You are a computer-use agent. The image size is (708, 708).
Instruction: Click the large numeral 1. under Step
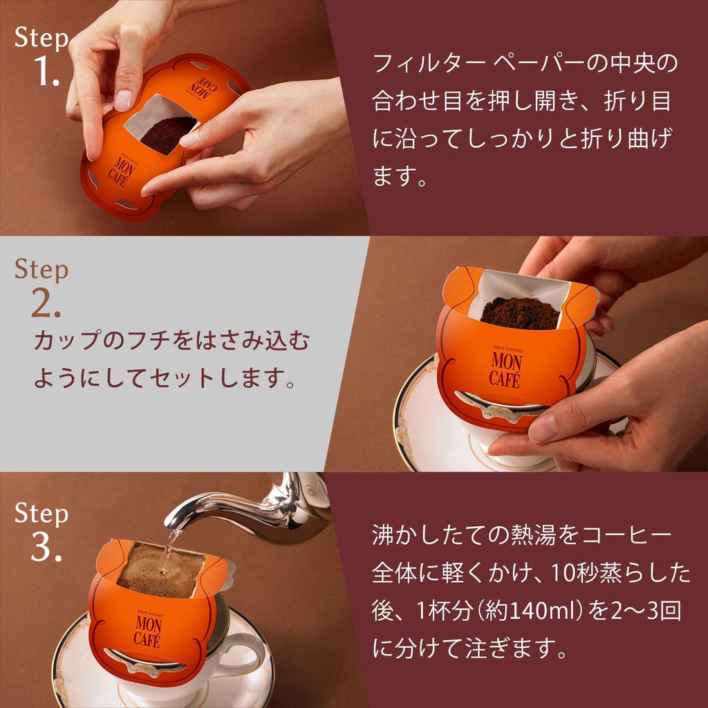(47, 71)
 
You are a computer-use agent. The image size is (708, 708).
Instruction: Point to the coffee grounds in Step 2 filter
(519, 313)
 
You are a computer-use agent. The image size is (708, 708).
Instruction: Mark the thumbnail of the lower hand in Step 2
(544, 427)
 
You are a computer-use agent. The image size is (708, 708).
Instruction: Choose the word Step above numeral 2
(41, 270)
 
